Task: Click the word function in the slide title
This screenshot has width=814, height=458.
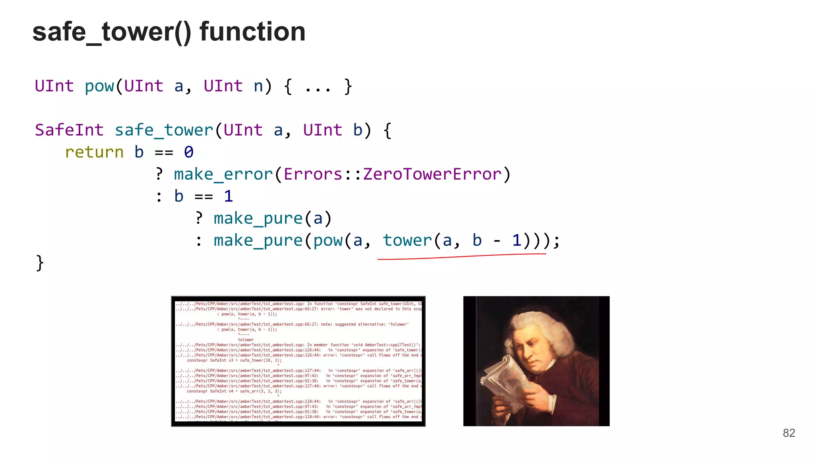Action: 252,32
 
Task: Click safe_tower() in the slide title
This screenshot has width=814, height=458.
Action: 112,32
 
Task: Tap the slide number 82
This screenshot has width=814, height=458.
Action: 789,433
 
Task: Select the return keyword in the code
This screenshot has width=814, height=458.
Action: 94,152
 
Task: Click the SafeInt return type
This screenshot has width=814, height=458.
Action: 69,130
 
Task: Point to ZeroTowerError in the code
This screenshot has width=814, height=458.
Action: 432,174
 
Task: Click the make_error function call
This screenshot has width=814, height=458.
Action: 223,174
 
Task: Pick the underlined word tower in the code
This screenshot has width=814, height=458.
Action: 407,240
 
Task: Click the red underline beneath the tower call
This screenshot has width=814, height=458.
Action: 461,257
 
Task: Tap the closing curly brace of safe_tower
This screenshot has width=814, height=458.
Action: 40,263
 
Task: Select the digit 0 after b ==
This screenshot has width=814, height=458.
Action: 189,152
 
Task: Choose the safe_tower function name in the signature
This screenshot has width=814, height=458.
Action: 164,130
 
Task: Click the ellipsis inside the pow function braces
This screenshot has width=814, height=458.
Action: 318,87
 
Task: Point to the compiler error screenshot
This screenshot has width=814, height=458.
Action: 298,361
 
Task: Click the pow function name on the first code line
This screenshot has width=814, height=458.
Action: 99,86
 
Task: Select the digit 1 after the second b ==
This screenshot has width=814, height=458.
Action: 228,196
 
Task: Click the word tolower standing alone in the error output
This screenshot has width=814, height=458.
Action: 246,340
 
